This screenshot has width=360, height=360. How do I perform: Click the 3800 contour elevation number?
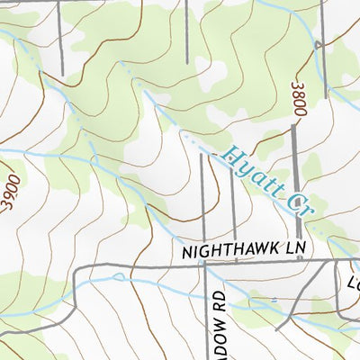300,99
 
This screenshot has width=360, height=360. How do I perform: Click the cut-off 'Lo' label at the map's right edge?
353,286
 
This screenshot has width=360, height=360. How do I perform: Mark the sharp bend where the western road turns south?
77,270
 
